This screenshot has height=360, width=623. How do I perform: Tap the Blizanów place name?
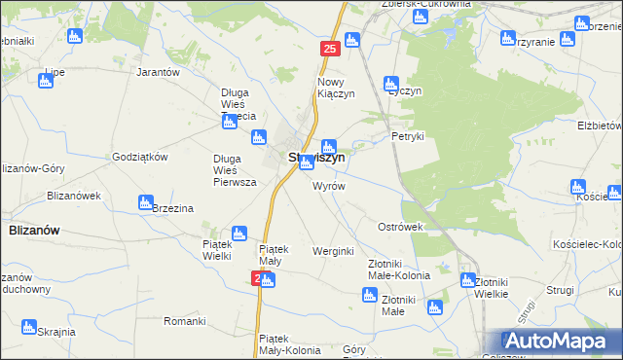[x=34, y=230]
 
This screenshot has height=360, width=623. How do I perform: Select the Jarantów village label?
[x=160, y=73]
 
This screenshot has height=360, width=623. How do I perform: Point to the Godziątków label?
[x=141, y=157]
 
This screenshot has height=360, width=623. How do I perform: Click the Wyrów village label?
[x=328, y=185]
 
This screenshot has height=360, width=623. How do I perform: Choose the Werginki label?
[x=331, y=251]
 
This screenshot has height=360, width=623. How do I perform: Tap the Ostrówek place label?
[x=400, y=227]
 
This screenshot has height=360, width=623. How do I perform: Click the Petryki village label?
[x=408, y=136]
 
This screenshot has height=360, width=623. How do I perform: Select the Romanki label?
[x=184, y=320]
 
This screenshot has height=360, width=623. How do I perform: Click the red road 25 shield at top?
[x=330, y=48]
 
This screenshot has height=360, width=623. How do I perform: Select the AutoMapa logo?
[x=560, y=342]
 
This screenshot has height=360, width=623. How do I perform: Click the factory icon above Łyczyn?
[x=391, y=84]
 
